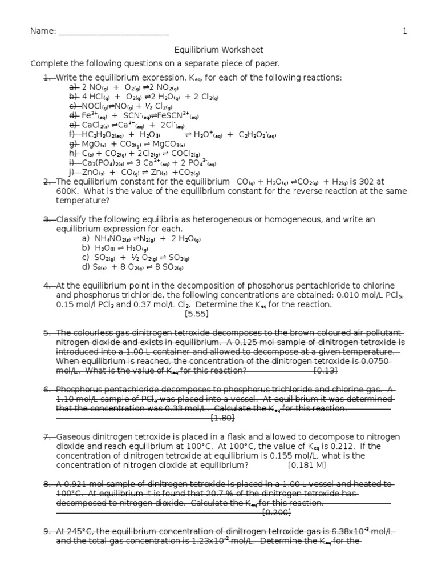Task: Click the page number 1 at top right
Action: click(405, 31)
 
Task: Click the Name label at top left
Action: click(43, 31)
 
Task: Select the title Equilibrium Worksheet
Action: click(219, 50)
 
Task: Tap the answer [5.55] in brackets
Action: click(196, 314)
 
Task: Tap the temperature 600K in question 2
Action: click(67, 191)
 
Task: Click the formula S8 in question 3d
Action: click(100, 267)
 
